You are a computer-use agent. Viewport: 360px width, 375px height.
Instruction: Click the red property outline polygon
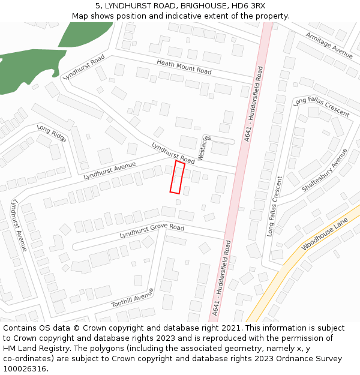(176, 177)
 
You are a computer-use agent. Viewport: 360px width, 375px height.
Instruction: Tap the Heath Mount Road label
(184, 67)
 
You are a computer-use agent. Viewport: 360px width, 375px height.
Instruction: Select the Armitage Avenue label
(329, 45)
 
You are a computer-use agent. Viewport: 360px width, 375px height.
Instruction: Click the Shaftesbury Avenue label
(325, 170)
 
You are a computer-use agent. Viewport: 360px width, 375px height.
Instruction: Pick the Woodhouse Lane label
(325, 235)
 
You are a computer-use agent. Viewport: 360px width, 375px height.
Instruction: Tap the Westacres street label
(205, 147)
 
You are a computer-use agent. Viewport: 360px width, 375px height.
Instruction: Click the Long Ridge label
(52, 133)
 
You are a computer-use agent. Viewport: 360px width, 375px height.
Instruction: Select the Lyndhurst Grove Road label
(152, 231)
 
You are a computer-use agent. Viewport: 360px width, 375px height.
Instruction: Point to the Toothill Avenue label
(133, 298)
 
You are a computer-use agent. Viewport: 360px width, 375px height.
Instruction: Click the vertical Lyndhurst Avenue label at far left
(19, 226)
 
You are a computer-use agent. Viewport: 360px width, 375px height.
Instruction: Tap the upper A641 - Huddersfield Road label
(254, 104)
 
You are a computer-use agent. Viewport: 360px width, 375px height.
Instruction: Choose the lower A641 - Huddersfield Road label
(221, 278)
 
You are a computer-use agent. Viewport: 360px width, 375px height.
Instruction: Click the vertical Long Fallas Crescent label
(274, 206)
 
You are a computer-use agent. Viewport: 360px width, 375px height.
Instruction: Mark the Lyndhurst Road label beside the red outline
(173, 153)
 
